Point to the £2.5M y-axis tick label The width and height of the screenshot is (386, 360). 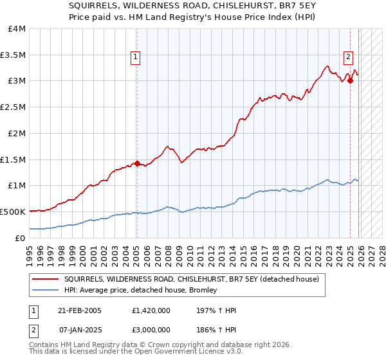[14, 107]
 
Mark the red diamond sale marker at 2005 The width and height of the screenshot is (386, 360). [137, 163]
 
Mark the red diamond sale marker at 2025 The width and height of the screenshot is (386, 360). [350, 81]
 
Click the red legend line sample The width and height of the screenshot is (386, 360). [45, 279]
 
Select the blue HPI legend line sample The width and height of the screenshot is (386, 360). [45, 290]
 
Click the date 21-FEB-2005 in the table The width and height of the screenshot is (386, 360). [81, 310]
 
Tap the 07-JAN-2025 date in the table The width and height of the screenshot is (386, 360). [81, 328]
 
